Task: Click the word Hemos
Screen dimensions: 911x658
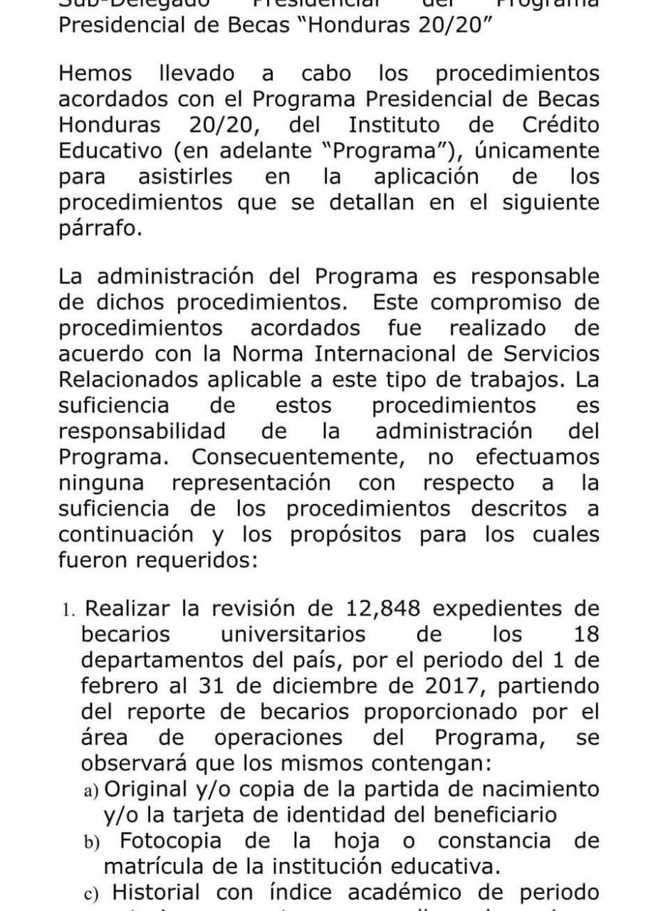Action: [94, 73]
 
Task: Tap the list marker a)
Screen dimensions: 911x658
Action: [91, 790]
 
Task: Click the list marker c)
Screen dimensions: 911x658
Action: [91, 893]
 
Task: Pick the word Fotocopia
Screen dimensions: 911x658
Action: [174, 841]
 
